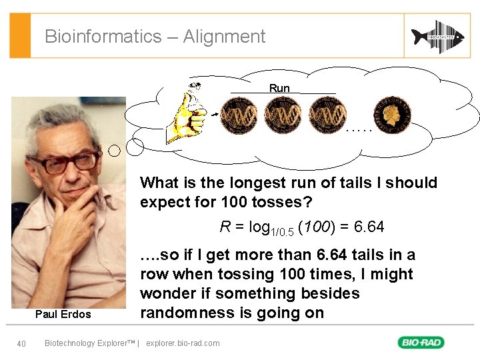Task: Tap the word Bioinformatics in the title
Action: (x=103, y=37)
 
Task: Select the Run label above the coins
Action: (x=279, y=89)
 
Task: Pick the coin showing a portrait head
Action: (x=392, y=115)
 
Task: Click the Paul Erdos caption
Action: (x=63, y=314)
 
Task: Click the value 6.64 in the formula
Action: (x=369, y=227)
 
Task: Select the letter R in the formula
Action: (x=225, y=227)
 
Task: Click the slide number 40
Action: (x=21, y=343)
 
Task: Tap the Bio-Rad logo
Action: (x=421, y=343)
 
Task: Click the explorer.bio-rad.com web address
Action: (x=183, y=343)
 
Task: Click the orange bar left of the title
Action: (x=21, y=35)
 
